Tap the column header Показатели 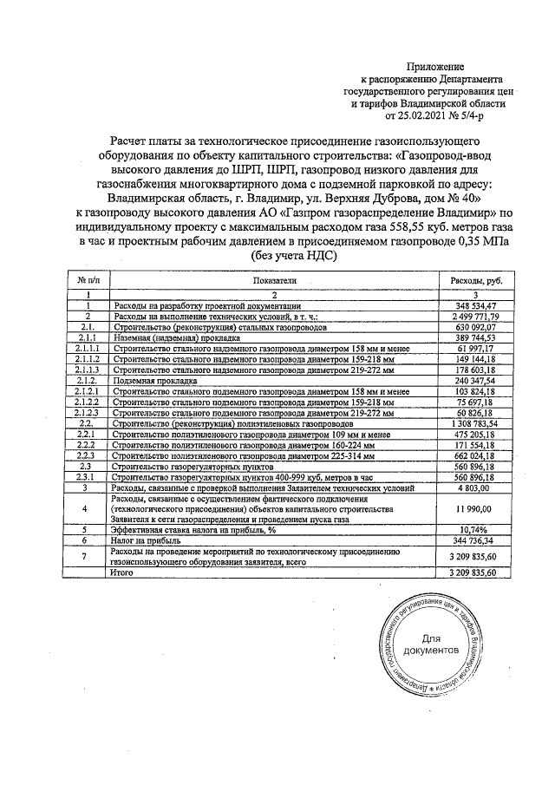click(275, 282)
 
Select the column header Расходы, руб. click(472, 282)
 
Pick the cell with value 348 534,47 click(473, 306)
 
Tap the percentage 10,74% click(473, 527)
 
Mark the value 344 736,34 click(473, 539)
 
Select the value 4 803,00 click(475, 488)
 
